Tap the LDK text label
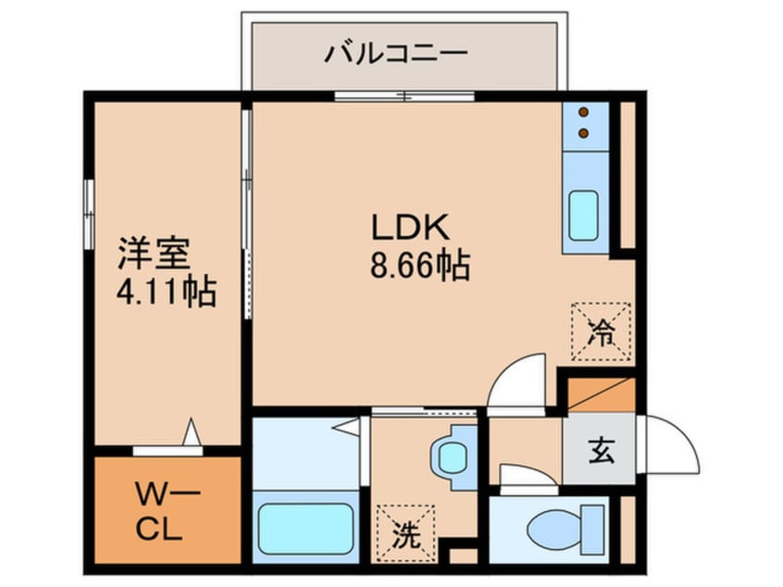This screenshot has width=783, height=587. tap(409, 228)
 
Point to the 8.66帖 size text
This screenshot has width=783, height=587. tap(418, 268)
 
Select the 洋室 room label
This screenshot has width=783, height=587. tap(154, 252)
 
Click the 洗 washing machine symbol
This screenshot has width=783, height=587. tap(404, 533)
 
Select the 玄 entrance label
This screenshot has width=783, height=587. tap(600, 454)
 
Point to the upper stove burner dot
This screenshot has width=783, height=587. tap(584, 113)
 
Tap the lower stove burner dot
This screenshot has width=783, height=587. tap(584, 132)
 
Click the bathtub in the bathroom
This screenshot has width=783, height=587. tap(305, 528)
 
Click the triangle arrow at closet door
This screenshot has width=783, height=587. tap(192, 433)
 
